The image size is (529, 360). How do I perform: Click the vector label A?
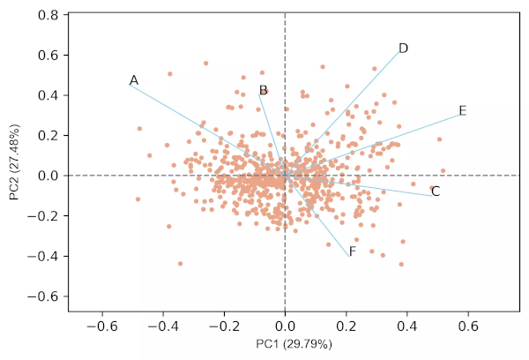134,81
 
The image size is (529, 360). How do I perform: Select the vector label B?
263,90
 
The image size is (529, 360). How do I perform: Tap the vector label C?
436,191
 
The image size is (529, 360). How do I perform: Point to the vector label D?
403,49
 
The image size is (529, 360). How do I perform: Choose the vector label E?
463,111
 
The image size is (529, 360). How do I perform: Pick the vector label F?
352,252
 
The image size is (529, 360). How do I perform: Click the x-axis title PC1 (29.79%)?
294,344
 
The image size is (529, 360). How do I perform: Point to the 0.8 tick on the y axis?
49,15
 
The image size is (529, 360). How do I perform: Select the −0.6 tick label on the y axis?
46,296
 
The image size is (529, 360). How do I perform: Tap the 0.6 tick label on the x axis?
467,326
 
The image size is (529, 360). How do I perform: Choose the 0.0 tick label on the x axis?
285,326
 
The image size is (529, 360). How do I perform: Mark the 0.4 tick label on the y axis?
49,95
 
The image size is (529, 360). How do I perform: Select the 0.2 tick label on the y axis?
49,135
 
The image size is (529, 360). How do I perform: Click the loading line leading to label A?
203,126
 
